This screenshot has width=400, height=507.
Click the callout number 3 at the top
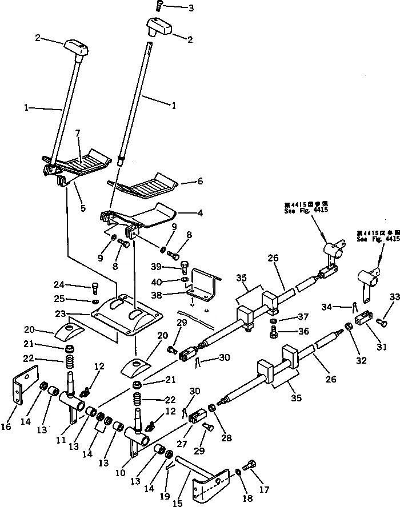click(x=175, y=8)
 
